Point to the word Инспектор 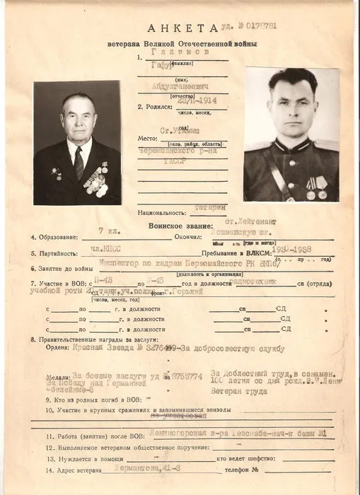95,265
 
